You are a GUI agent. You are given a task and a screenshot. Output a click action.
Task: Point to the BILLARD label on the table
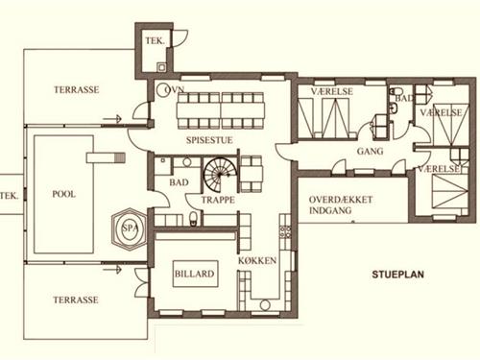[x=194, y=276]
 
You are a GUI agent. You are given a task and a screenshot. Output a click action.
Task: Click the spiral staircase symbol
[x=223, y=177]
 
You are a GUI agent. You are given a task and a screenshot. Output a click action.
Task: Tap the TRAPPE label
[x=217, y=201]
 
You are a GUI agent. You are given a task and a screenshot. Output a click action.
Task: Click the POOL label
[x=63, y=193]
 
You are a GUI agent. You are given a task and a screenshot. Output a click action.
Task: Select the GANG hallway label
[x=370, y=151]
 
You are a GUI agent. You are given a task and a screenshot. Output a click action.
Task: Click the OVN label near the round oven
[x=175, y=88]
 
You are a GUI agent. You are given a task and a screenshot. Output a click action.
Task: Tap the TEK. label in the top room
[x=154, y=42]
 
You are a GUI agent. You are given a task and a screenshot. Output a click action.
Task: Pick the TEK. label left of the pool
[x=9, y=195]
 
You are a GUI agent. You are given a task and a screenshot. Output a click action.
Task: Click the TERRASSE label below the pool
[x=76, y=300]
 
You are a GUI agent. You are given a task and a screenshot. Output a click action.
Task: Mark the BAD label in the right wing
[x=404, y=98]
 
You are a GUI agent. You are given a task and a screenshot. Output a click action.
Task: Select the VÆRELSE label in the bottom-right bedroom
[x=440, y=168]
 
